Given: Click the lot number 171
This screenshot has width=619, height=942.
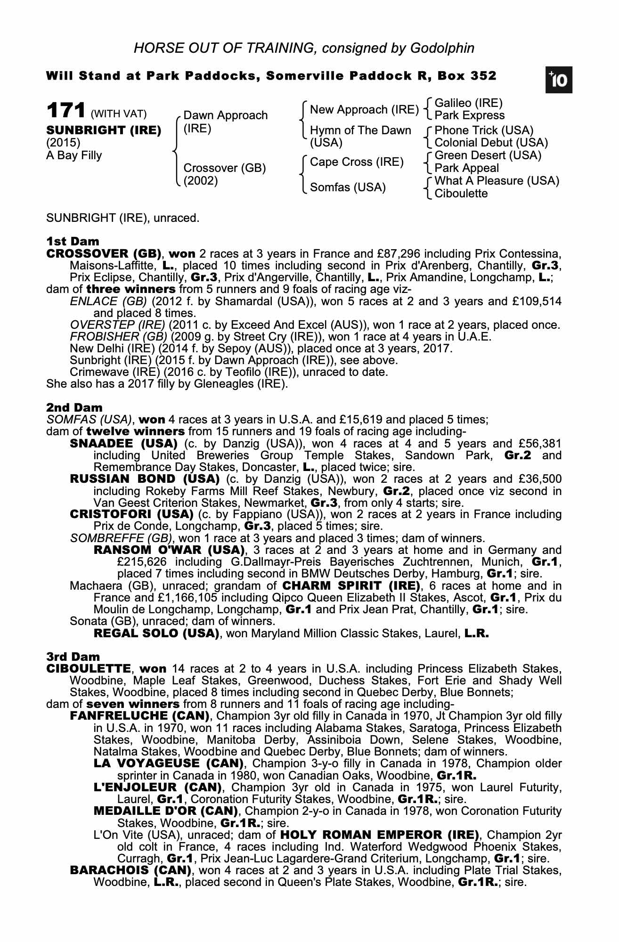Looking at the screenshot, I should click(x=65, y=111).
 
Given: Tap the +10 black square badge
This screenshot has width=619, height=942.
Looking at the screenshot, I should click(x=559, y=81).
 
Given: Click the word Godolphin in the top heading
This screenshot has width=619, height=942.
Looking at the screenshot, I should click(x=442, y=48).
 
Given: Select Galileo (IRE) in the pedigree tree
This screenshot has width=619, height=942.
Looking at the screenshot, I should click(x=468, y=103).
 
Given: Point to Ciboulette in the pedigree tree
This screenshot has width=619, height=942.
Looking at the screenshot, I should click(x=461, y=194).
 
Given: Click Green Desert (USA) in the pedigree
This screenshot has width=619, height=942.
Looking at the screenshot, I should click(x=488, y=155).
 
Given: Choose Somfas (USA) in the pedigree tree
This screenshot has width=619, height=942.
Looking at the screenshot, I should click(x=348, y=187).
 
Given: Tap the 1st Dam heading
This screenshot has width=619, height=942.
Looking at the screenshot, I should click(x=73, y=242).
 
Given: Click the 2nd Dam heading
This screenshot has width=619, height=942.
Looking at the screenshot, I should click(x=74, y=407).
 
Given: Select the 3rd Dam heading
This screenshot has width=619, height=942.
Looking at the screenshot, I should click(x=73, y=657).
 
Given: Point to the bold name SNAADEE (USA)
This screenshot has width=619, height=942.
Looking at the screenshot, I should click(x=123, y=444).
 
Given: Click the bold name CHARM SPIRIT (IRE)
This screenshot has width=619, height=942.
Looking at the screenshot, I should click(x=351, y=586).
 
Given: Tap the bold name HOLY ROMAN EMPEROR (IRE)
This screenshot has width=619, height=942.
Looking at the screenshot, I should click(x=379, y=835).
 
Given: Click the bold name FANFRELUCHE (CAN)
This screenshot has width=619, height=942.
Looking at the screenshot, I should click(x=139, y=716).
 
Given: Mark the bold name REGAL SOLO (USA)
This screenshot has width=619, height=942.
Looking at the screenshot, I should click(x=156, y=633).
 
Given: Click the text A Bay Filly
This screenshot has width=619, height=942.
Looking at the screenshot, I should click(x=74, y=155).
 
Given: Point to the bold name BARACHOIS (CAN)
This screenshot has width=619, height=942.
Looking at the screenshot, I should click(x=130, y=870).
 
